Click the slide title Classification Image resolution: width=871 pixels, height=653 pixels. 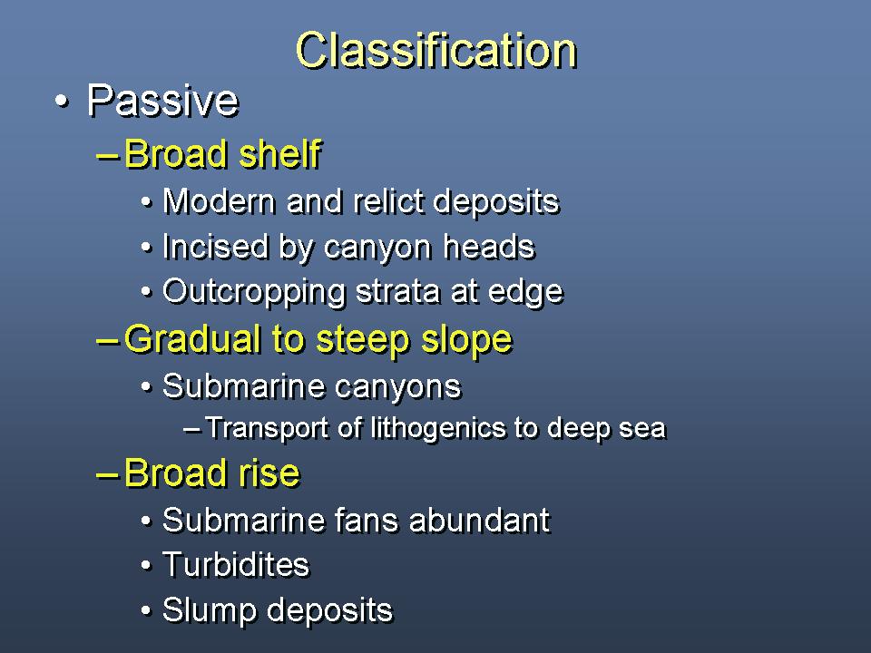[x=436, y=50]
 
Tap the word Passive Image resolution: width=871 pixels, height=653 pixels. [x=162, y=101]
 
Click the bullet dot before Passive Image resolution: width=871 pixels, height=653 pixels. [x=63, y=102]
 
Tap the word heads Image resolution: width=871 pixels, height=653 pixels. [x=489, y=247]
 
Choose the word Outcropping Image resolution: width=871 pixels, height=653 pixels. [x=254, y=292]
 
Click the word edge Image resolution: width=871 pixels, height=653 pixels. [x=525, y=292]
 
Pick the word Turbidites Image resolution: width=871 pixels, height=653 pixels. [x=236, y=565]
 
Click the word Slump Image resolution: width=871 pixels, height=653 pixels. [x=210, y=610]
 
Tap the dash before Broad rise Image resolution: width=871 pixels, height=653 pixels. [x=107, y=474]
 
